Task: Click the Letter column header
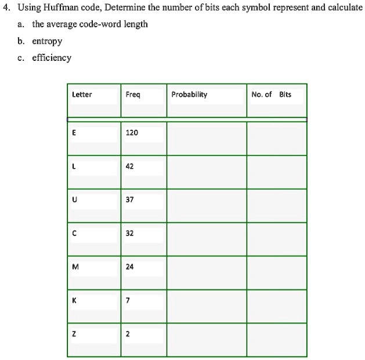pos(81,94)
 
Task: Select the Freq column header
pos(132,94)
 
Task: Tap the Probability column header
pos(189,94)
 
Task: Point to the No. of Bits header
pos(272,94)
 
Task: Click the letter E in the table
pos(74,133)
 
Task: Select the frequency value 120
pos(132,133)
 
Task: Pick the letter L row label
pos(74,166)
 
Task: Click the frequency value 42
pos(129,166)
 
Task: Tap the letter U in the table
pos(74,200)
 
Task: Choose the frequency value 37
pos(129,200)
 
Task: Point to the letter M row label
pos(74,268)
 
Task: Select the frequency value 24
pos(129,268)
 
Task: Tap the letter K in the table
pos(74,301)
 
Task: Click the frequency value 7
pos(128,301)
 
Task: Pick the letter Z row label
pos(74,334)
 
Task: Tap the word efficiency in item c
pos(51,58)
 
